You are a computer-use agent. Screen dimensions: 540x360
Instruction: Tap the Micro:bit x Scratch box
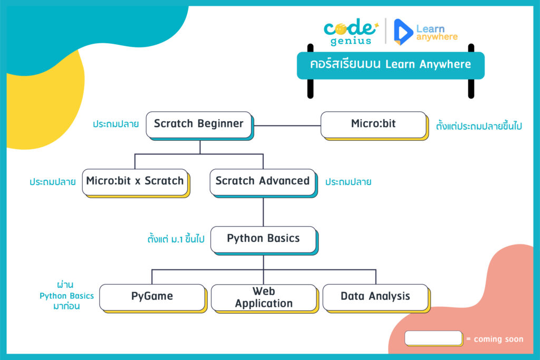point(136,182)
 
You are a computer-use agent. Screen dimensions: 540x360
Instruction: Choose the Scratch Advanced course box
point(263,182)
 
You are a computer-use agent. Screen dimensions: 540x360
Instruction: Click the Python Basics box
point(264,240)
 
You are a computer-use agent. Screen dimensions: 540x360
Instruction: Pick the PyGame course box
point(152,298)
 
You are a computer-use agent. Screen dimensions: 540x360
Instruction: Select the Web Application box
point(264,298)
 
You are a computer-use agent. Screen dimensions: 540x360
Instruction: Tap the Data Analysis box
point(376,298)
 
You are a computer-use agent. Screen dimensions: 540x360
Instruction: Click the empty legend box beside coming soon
point(433,338)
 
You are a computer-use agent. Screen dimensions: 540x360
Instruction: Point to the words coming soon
point(498,339)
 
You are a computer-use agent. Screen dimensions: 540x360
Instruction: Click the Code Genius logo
point(351,32)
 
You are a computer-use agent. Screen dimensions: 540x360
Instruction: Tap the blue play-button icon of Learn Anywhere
point(403,32)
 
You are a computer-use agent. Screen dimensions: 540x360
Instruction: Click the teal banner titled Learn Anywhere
point(391,65)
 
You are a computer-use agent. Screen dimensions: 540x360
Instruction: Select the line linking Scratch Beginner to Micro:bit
point(287,125)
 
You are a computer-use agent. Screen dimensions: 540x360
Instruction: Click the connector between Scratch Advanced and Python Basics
point(264,212)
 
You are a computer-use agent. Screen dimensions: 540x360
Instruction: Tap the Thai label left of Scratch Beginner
point(115,124)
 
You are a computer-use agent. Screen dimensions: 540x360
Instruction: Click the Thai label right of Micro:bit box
point(479,125)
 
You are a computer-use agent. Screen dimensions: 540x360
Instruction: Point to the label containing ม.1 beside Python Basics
point(176,239)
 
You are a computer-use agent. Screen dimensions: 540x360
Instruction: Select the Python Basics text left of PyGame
point(66,296)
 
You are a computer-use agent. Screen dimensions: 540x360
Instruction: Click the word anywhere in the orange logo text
point(437,37)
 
